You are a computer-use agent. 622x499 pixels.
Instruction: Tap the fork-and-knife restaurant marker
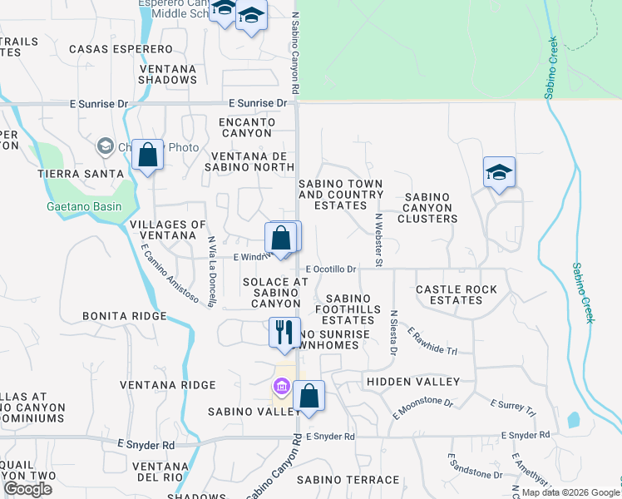[x=284, y=333]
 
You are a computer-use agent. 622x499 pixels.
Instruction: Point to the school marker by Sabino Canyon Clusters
[x=499, y=173]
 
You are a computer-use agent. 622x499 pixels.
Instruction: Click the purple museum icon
[x=280, y=388]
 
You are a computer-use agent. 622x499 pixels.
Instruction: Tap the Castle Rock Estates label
[x=457, y=294]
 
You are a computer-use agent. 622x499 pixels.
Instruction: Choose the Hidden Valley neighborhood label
[x=412, y=382]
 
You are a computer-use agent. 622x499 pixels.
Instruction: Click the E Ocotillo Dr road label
[x=330, y=269]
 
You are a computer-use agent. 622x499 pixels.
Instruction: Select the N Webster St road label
[x=378, y=240]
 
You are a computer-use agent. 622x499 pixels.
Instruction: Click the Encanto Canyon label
[x=245, y=127]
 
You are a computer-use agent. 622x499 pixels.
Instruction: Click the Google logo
[x=28, y=489]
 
